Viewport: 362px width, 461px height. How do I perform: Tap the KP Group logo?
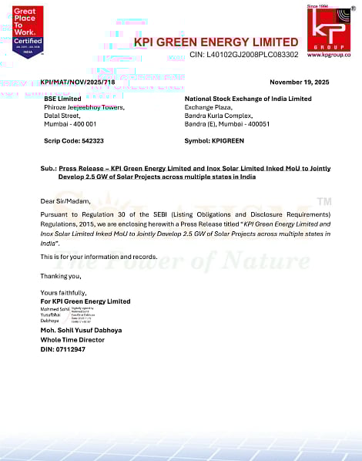coord(329,29)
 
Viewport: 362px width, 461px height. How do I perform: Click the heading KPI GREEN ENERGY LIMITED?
coord(216,42)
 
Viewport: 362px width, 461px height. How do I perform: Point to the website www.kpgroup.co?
coord(329,55)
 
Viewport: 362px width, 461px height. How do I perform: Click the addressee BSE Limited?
coord(62,99)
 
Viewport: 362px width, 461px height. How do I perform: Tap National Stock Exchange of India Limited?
coord(248,99)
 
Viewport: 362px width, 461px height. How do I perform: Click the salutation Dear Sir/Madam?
coord(63,200)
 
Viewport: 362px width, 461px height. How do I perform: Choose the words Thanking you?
coord(60,274)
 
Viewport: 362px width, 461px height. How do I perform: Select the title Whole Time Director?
coord(74,339)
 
